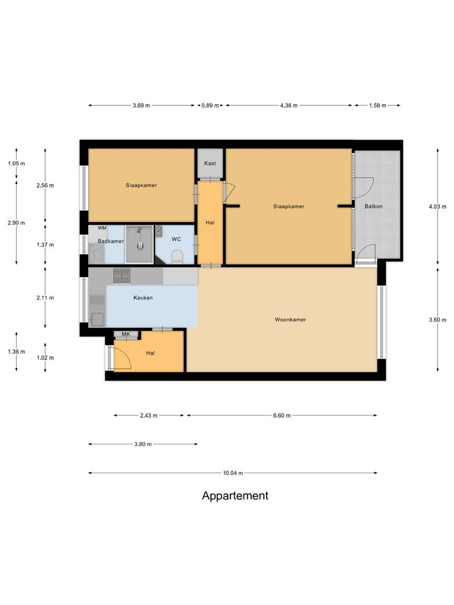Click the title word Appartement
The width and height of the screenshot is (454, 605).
point(235,496)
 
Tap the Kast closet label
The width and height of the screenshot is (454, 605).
point(210,163)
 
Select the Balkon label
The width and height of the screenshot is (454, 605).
point(374,206)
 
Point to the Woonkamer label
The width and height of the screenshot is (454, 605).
point(290,320)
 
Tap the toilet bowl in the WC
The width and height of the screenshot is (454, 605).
point(176,255)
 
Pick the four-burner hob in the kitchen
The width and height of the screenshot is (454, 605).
point(122,275)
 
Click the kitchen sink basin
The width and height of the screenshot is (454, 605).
point(97,320)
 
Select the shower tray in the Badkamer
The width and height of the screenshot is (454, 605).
point(139,244)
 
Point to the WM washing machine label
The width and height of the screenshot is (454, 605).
point(102,228)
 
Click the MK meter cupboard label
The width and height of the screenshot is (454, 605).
point(125,335)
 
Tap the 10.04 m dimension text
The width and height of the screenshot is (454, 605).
point(232,473)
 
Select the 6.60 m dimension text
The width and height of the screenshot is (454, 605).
point(282,415)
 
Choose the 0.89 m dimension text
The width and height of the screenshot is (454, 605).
point(210,106)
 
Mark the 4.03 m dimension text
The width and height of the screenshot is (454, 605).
point(437,206)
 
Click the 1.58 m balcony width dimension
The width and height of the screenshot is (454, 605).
point(377,106)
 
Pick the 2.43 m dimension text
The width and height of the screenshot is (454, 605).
point(148,415)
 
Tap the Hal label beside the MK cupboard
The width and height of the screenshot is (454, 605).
point(150,353)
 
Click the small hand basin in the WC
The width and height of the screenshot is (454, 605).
point(158,231)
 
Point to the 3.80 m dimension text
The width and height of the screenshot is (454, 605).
point(142,444)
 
